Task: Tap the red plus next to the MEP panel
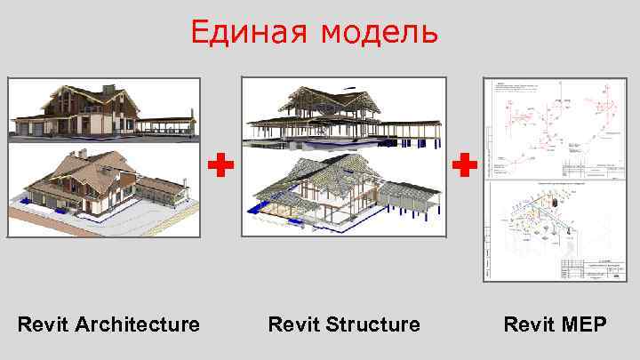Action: (x=464, y=164)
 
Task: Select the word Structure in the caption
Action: (x=372, y=324)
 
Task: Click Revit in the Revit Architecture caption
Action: (x=42, y=324)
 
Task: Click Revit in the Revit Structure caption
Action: (x=292, y=324)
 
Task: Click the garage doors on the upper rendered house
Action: (x=34, y=131)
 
